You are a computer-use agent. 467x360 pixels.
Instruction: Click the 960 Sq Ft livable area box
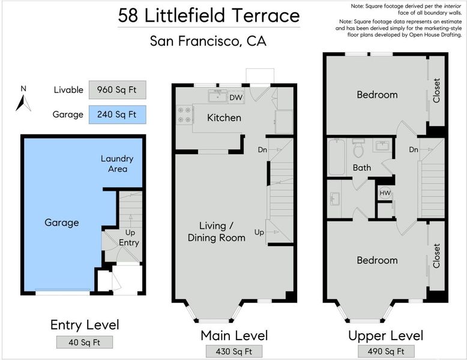(117, 89)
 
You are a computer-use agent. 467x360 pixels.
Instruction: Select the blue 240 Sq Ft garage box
(117, 115)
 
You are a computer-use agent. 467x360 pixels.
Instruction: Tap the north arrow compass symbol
(23, 103)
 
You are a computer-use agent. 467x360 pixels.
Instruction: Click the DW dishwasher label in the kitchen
(236, 97)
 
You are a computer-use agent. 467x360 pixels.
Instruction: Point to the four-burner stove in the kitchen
(184, 115)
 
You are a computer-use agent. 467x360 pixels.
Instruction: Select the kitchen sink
(218, 96)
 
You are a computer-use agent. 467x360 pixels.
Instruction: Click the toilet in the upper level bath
(358, 148)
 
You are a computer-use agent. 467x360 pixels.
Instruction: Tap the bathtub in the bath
(337, 157)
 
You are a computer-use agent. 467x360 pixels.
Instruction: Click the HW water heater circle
(385, 193)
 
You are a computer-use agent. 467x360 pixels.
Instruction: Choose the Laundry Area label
(117, 164)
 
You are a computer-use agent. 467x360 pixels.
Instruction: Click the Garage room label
(62, 223)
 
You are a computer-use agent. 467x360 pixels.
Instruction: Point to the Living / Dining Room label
(217, 232)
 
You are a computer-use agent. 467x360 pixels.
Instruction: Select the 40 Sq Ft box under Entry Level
(85, 342)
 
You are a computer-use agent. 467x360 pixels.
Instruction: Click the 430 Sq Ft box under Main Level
(234, 352)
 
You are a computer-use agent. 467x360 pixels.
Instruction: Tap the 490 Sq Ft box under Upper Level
(386, 352)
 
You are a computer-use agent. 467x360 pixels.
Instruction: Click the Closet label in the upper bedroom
(436, 91)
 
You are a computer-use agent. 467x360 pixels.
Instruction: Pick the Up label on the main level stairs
(259, 232)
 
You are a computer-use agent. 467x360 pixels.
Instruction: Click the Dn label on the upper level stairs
(414, 149)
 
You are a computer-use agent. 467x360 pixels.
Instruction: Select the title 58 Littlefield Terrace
(209, 16)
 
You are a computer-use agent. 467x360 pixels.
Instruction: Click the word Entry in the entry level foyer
(129, 242)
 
